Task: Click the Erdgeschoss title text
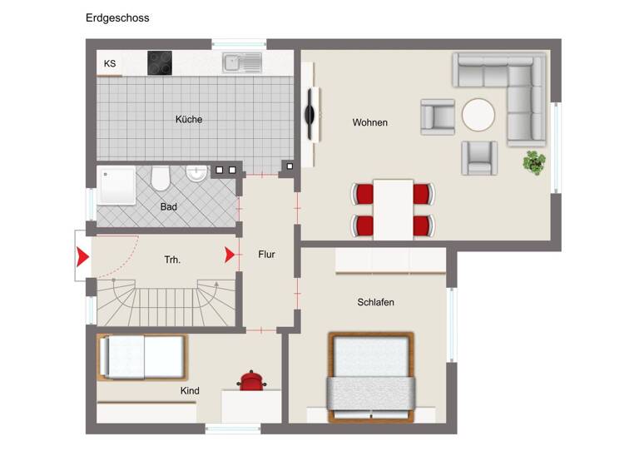pyautogui.click(x=117, y=17)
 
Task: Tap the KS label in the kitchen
pyautogui.click(x=110, y=63)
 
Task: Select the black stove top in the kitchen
pyautogui.click(x=160, y=62)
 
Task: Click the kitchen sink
pyautogui.click(x=242, y=62)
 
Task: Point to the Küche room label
pyautogui.click(x=189, y=119)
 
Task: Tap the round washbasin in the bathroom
pyautogui.click(x=196, y=174)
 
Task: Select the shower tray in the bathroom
pyautogui.click(x=116, y=185)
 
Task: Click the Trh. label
pyautogui.click(x=172, y=260)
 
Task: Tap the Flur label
pyautogui.click(x=266, y=255)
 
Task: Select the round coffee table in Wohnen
pyautogui.click(x=478, y=116)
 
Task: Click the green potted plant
pyautogui.click(x=533, y=162)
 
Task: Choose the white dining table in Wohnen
pyautogui.click(x=393, y=209)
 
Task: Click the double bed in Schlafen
pyautogui.click(x=371, y=376)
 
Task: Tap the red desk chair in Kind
pyautogui.click(x=250, y=380)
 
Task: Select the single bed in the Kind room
pyautogui.click(x=141, y=356)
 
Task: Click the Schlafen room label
pyautogui.click(x=375, y=302)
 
